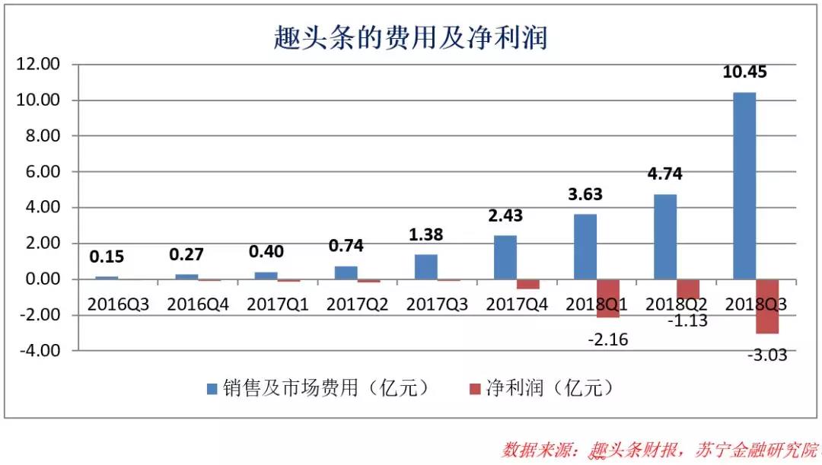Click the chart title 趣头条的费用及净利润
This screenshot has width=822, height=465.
[x=410, y=36]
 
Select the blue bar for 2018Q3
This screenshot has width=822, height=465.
[x=744, y=186]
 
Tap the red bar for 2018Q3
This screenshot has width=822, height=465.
[x=767, y=306]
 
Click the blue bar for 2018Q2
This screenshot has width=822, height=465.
[x=665, y=237]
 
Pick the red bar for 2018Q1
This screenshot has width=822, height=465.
[x=608, y=298]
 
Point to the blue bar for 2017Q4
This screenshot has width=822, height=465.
[x=505, y=257]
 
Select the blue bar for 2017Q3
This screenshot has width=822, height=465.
[x=425, y=267]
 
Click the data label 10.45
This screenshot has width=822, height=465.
[x=744, y=73]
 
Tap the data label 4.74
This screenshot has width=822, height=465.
[x=664, y=174]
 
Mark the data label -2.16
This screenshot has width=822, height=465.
[x=608, y=339]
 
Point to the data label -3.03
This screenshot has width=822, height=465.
[x=766, y=355]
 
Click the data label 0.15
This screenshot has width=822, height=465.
[x=107, y=257]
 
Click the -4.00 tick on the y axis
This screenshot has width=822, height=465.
[x=40, y=351]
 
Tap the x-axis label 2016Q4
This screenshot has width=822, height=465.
[x=198, y=304]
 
